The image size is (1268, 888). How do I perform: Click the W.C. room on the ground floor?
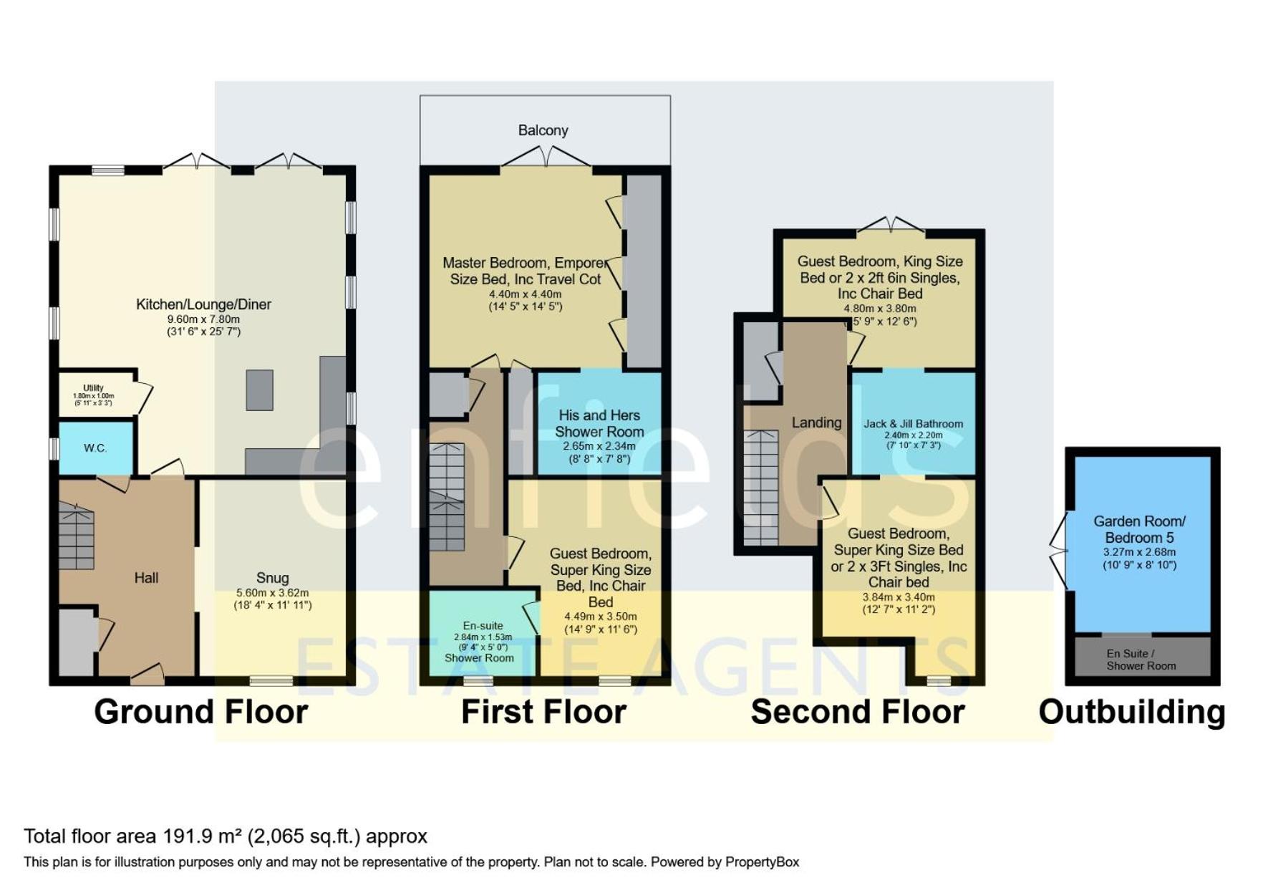[x=96, y=448]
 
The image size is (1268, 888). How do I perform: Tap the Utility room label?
[x=93, y=387]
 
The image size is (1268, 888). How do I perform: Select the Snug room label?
[x=273, y=578]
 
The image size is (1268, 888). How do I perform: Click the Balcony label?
[x=543, y=130]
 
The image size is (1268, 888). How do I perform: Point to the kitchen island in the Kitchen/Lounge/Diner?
[x=260, y=390]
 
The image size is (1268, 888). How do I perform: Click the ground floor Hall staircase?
[x=76, y=536]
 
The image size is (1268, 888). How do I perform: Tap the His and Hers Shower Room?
[x=599, y=423]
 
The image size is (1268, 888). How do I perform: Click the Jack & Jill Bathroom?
[x=914, y=423]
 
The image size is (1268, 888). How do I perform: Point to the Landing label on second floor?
[x=816, y=423]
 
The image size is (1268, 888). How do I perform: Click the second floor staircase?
[x=760, y=487]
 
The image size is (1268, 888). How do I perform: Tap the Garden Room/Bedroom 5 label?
[x=1139, y=529]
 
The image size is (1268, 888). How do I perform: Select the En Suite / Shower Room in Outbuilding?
[x=1141, y=659]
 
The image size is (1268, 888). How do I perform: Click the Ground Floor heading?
[x=201, y=712]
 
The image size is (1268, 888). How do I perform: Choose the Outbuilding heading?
[x=1132, y=712]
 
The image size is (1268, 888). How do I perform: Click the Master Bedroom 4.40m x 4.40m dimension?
[x=526, y=294]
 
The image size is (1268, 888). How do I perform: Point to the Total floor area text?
[x=226, y=836]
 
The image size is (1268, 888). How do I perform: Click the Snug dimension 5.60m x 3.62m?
[x=273, y=593]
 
